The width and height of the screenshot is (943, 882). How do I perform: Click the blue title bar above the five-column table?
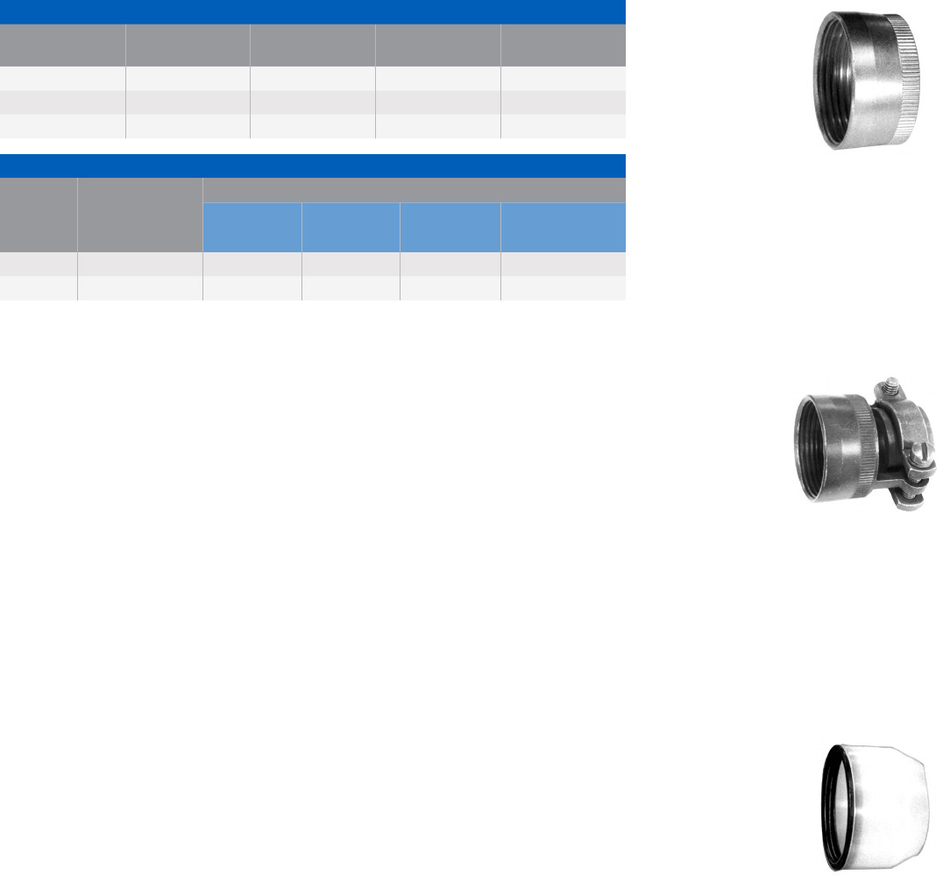[x=312, y=11]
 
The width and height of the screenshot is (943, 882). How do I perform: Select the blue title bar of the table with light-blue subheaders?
[x=312, y=166]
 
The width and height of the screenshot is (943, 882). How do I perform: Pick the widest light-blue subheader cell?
[x=563, y=228]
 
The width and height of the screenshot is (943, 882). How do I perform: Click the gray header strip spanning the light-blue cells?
[x=414, y=190]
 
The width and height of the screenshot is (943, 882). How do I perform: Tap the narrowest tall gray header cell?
[x=39, y=215]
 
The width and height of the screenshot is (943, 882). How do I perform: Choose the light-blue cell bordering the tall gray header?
[x=252, y=228]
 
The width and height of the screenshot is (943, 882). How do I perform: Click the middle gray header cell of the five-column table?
[x=312, y=45]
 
